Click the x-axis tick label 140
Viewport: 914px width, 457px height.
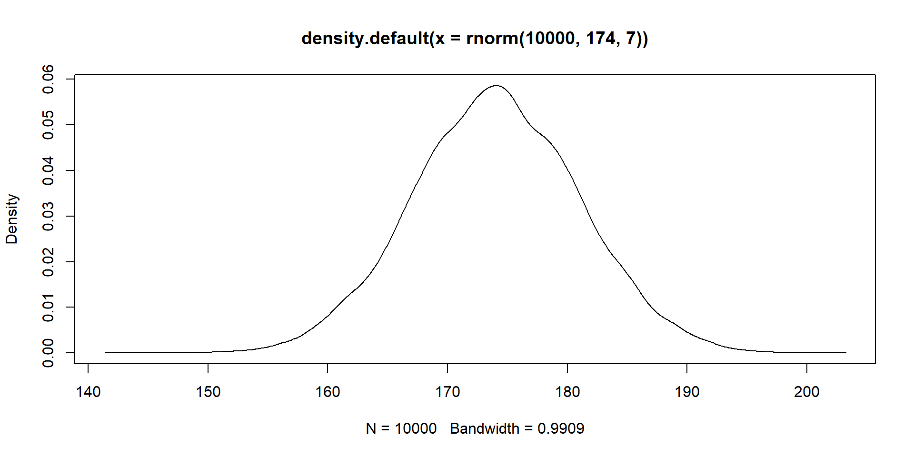click(x=88, y=392)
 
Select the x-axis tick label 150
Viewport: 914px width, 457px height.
click(x=208, y=392)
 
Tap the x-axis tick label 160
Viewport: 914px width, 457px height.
click(x=328, y=392)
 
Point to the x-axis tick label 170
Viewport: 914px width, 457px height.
click(x=447, y=392)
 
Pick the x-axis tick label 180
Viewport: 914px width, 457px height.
click(x=567, y=392)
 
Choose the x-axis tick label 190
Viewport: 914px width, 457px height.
click(x=687, y=392)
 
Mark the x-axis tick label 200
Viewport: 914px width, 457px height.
click(x=807, y=392)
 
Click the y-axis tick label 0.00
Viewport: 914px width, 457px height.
click(x=49, y=353)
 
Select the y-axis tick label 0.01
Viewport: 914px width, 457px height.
click(x=49, y=308)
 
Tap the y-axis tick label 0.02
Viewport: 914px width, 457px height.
click(x=49, y=262)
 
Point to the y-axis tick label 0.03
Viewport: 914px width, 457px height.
click(x=49, y=216)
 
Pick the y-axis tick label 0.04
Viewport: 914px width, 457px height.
click(x=49, y=170)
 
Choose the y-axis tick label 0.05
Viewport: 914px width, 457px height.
click(x=49, y=125)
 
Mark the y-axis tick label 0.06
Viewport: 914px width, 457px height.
click(x=49, y=79)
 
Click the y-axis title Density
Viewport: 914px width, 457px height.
click(x=12, y=219)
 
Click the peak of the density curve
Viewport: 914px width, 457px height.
click(x=497, y=86)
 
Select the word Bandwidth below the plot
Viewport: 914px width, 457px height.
click(x=485, y=428)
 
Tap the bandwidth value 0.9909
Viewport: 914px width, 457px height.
click(x=561, y=428)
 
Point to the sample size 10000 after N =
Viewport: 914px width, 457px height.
click(x=416, y=428)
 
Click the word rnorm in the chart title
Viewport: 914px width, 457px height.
click(x=492, y=38)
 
